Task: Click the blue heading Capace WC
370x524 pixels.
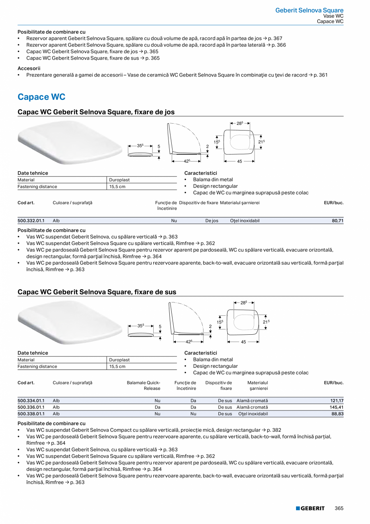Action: click(41, 97)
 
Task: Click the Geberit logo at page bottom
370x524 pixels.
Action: click(310, 508)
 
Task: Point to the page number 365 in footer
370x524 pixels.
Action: click(339, 508)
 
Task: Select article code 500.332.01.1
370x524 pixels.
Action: click(31, 221)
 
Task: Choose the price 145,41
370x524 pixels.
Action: click(336, 407)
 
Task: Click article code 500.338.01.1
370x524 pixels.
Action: click(31, 414)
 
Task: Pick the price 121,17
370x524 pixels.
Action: click(336, 401)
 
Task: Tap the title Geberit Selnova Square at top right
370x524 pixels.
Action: click(309, 10)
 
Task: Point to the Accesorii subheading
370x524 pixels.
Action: click(29, 68)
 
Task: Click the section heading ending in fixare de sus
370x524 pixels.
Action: click(97, 292)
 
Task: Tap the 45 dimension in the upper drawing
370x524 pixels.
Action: click(239, 161)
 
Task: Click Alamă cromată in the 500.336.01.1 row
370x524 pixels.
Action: click(252, 407)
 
